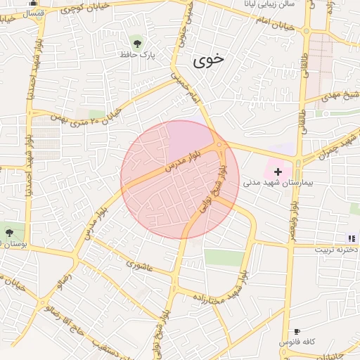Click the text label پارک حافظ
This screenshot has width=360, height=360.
pos(138,53)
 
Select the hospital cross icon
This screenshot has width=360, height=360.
pos(278,171)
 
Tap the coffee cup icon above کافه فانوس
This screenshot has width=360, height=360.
pos(297,331)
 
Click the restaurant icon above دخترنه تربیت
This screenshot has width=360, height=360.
pos(352,239)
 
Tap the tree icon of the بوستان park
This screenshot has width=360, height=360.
pos(8,232)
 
